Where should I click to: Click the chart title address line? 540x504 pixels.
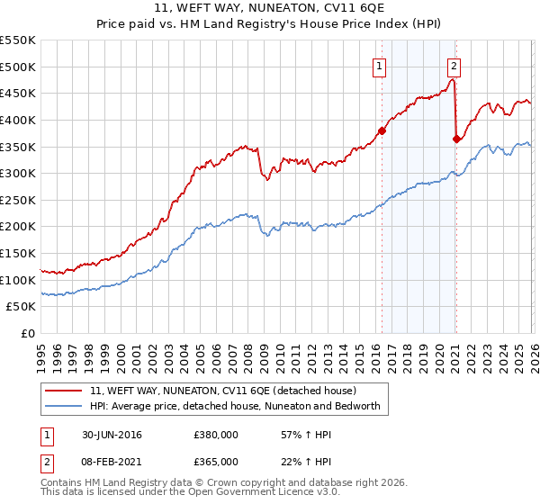coord(270,10)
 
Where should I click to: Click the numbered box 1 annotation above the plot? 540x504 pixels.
coord(379,66)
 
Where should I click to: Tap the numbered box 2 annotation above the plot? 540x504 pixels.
coord(454,66)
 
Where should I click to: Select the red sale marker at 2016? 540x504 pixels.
coord(382,130)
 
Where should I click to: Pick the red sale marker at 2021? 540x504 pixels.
coord(456,139)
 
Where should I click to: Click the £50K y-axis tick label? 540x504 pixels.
coord(22,307)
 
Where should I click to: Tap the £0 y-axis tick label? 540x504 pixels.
coord(28,333)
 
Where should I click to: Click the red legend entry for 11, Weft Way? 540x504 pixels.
coord(223,391)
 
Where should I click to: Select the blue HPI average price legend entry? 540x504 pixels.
coord(236,406)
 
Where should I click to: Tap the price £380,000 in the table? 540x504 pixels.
coord(216,435)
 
